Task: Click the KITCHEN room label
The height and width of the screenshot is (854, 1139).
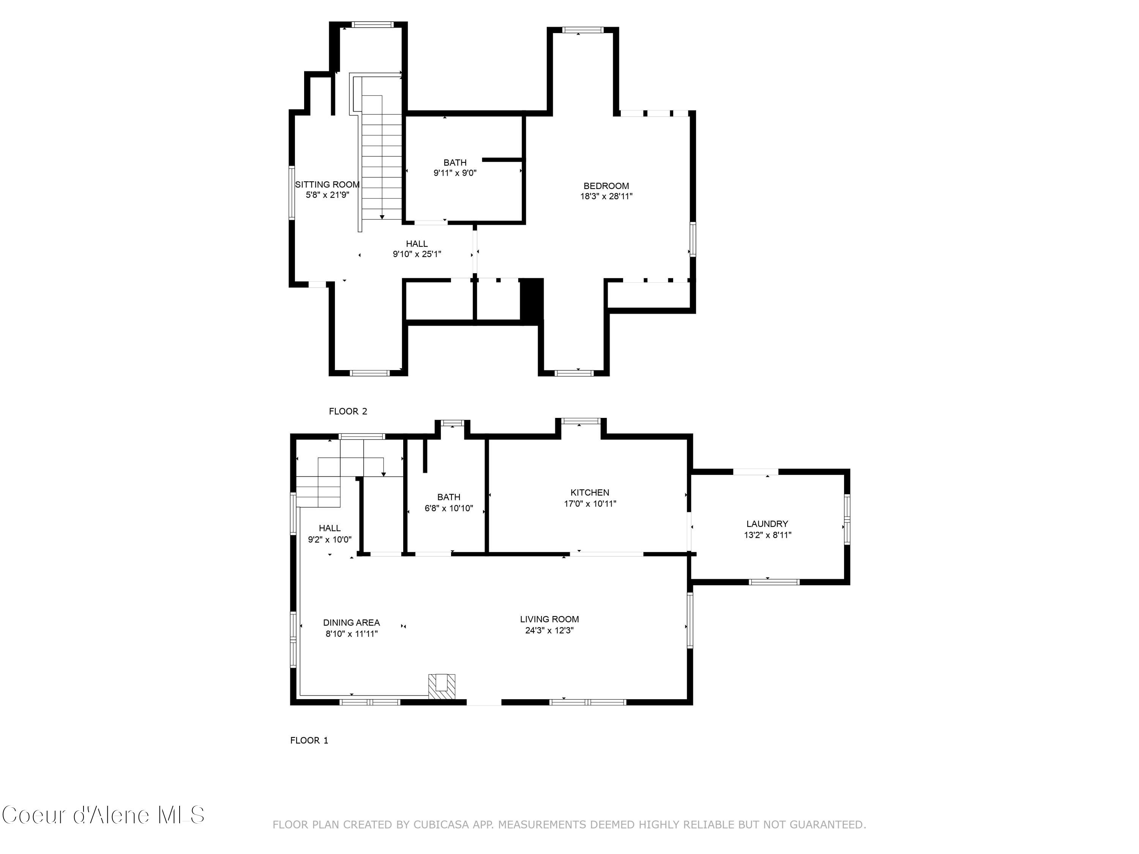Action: click(590, 493)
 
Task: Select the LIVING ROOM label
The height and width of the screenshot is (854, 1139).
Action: click(549, 619)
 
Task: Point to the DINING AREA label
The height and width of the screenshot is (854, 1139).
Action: click(352, 622)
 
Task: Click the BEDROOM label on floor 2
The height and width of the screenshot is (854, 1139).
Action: click(606, 186)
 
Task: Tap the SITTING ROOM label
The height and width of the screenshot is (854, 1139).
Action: click(327, 185)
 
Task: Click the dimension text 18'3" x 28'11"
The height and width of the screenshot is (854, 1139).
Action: click(606, 196)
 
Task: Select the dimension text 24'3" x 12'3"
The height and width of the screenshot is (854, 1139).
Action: click(549, 630)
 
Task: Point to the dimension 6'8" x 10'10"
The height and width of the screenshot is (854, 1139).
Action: click(448, 509)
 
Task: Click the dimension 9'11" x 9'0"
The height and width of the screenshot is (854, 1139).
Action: click(455, 173)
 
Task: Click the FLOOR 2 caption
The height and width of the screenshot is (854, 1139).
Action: click(348, 411)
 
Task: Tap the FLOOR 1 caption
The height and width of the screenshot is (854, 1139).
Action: click(309, 740)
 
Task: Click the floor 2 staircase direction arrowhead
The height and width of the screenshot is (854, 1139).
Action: click(382, 217)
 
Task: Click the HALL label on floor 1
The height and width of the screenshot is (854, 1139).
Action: click(330, 528)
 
